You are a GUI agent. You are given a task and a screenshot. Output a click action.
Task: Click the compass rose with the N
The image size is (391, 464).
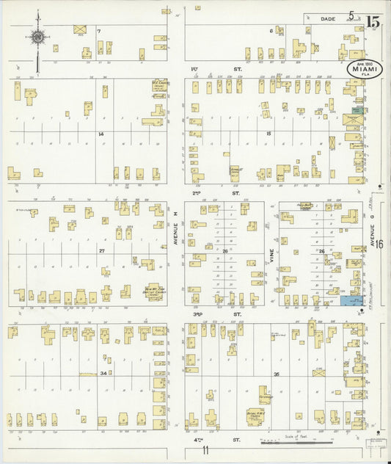(x=37, y=36)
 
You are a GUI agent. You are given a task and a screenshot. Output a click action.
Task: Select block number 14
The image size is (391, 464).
(x=101, y=134)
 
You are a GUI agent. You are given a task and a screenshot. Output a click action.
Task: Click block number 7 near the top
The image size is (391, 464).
(x=98, y=32)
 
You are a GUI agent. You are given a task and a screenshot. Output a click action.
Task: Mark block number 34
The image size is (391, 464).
(x=104, y=373)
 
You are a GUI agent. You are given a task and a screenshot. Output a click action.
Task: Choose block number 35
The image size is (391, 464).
(x=276, y=374)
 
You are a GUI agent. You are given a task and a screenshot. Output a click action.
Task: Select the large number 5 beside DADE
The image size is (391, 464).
(x=352, y=15)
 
